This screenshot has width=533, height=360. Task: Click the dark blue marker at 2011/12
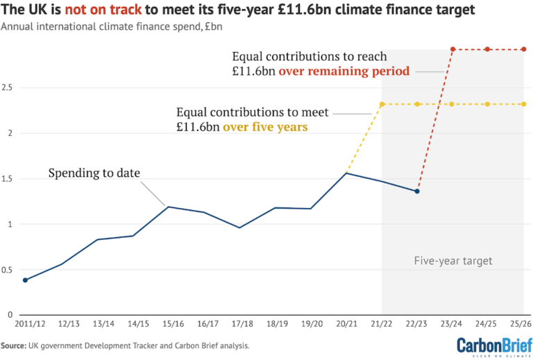point(26,280)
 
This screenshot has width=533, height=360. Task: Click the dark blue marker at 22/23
point(417,191)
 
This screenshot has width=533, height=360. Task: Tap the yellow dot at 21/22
point(382,104)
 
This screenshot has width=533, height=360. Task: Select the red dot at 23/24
point(452,49)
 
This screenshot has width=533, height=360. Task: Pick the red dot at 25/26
point(523,49)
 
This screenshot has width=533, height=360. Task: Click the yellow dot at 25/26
point(523,104)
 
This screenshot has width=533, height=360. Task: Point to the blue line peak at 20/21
point(346,173)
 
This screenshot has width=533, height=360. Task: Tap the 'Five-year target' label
point(452,261)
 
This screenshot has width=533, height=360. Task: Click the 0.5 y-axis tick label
point(8,269)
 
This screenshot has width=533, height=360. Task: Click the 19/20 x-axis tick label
point(310,324)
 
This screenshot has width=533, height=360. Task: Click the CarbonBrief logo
point(491,345)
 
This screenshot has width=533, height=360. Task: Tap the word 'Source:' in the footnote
point(13,345)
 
